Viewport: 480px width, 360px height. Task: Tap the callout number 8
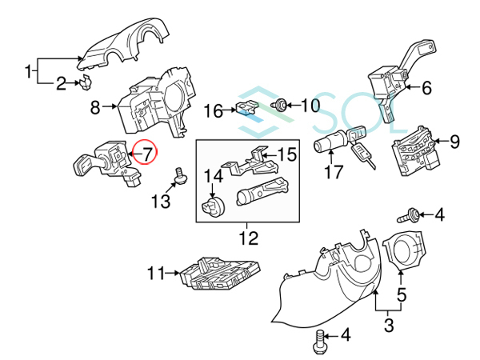tap(94, 105)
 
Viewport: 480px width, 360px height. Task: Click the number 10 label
tap(309, 105)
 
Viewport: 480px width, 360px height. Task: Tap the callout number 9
tap(454, 142)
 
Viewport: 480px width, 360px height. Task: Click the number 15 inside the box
tap(286, 153)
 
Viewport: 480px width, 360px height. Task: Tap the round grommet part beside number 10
tap(282, 105)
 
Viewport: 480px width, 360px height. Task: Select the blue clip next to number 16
tap(246, 110)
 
